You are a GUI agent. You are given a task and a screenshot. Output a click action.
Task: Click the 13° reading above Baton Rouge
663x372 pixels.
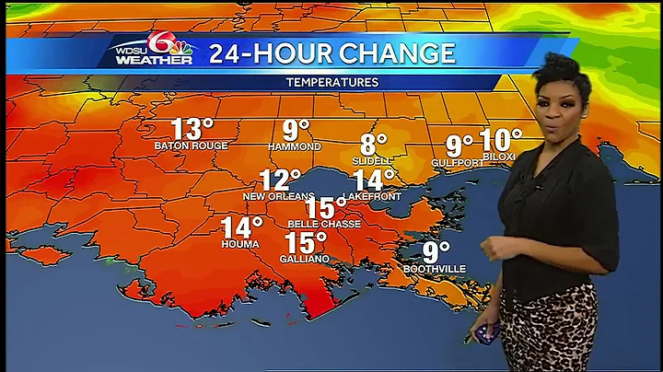192,130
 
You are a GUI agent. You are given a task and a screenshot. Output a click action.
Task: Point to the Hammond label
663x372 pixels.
295,146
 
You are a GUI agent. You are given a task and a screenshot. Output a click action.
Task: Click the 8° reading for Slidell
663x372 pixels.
374,145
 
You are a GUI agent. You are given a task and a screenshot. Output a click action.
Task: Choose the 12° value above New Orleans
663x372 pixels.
280,180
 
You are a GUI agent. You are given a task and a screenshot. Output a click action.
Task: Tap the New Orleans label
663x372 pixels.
273,196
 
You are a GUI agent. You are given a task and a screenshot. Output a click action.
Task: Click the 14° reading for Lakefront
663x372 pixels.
374,180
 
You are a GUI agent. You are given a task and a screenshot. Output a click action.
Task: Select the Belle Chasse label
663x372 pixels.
323,224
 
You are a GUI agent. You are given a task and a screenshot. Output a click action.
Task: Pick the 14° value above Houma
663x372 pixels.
242,227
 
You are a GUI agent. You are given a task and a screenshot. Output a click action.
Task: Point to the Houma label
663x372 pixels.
240,244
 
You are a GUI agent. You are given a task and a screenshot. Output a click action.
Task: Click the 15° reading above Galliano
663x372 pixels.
305,243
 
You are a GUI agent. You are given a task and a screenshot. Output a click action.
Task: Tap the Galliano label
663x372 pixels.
304,260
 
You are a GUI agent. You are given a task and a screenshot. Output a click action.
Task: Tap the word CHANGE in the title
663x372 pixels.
397,53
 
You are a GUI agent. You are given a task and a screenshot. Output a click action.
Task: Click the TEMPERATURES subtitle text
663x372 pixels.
331,83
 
